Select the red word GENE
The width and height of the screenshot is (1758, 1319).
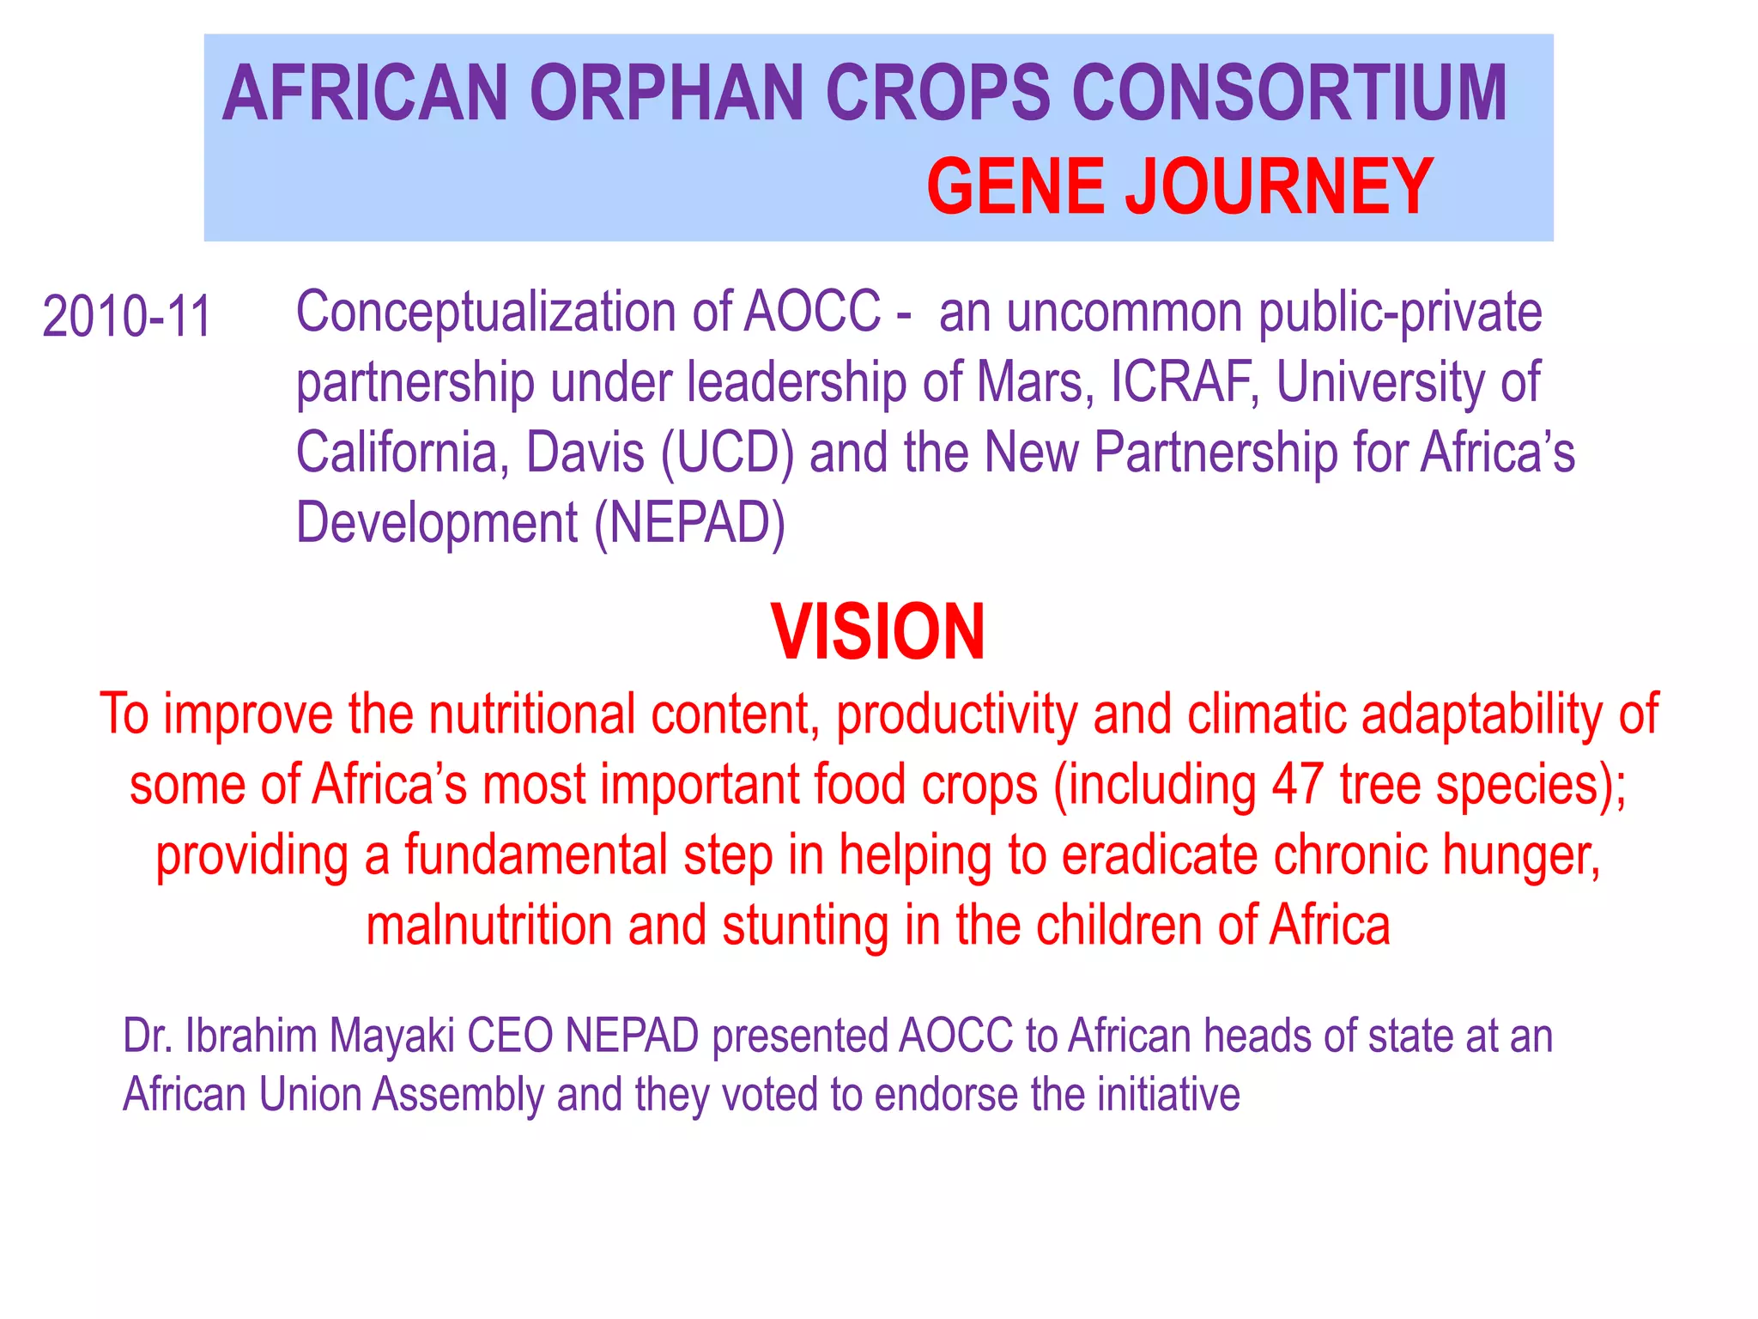[1015, 186]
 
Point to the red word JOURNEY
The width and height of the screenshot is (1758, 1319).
[1279, 186]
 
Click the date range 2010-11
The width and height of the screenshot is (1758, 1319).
[126, 317]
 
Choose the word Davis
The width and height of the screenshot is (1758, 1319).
[585, 453]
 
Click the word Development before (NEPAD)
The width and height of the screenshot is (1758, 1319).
[437, 523]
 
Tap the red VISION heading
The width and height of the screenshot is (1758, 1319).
[878, 633]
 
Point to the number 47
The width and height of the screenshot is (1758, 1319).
[1297, 785]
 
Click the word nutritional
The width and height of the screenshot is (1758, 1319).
[531, 714]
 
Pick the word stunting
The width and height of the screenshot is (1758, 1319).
[805, 926]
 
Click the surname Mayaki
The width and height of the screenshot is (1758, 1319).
[391, 1036]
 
